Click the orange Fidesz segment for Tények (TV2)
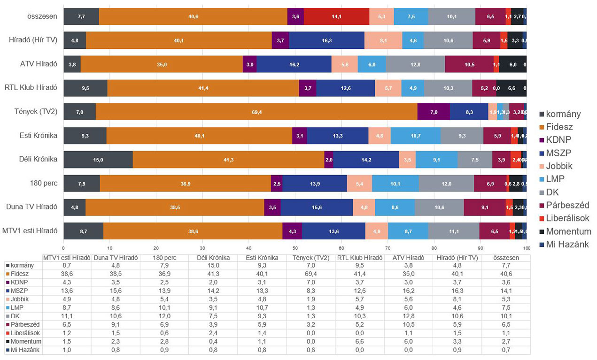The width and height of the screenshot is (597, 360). point(256,112)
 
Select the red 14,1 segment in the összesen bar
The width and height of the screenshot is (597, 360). point(336,16)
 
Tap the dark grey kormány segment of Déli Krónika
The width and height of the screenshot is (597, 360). point(98,160)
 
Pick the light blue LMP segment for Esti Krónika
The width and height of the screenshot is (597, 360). point(416,136)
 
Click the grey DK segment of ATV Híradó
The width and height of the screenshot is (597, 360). point(415,64)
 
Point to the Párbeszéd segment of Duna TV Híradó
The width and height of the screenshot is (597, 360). point(484,207)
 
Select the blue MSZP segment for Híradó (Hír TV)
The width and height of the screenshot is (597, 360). point(326,40)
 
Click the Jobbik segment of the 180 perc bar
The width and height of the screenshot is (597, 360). point(359,183)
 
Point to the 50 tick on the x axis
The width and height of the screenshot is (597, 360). point(295,247)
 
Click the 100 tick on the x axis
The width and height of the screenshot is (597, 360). point(527,247)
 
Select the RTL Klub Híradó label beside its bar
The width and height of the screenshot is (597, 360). point(31,88)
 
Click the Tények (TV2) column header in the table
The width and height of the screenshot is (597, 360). point(310,258)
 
